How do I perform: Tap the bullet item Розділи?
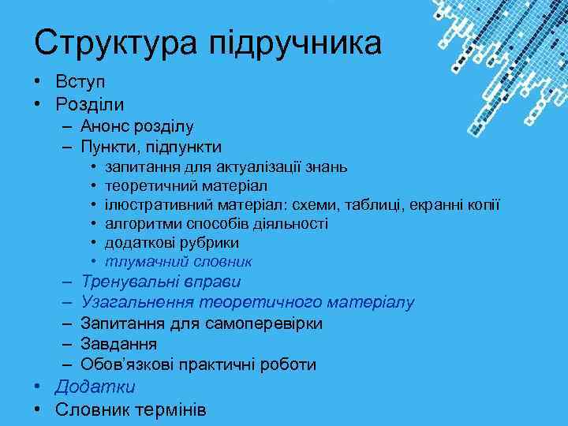click(90, 103)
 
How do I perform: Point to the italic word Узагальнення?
click(136, 302)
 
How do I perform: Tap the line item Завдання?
click(118, 344)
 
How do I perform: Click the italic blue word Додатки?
click(95, 387)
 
